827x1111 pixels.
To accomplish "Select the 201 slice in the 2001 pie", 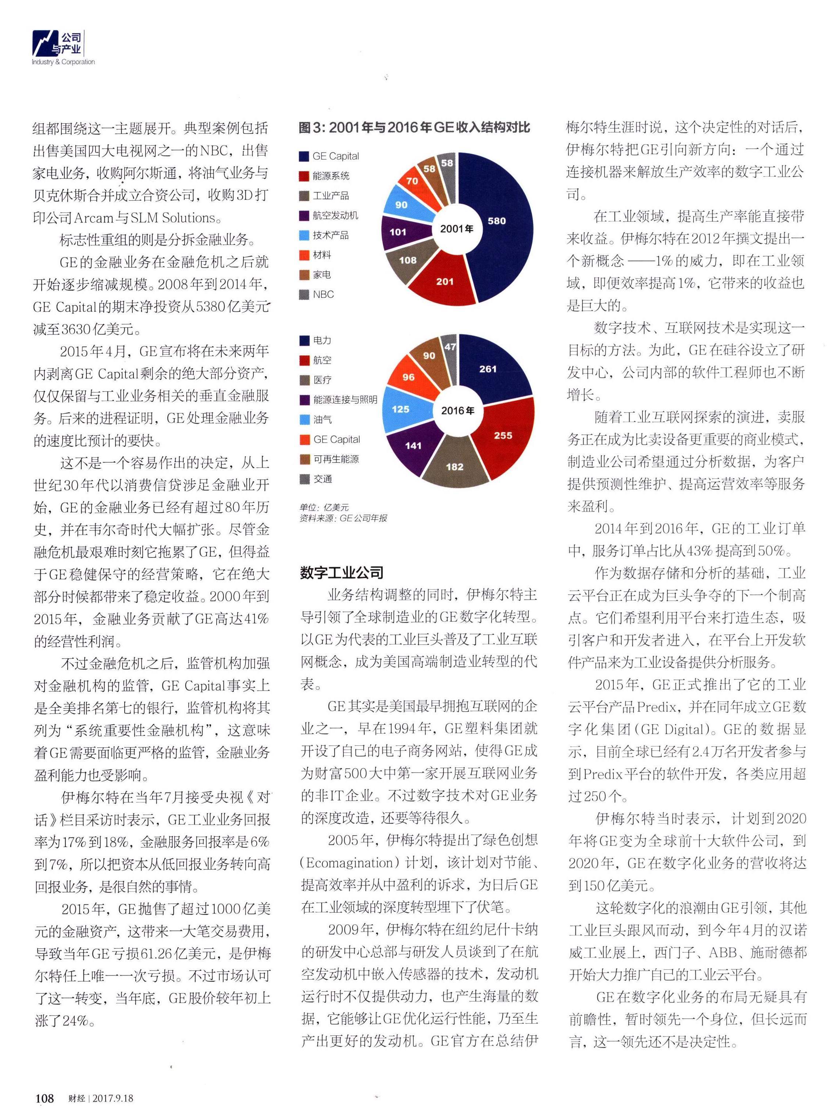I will click(x=445, y=281).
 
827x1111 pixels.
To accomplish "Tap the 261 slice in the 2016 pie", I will click(x=488, y=369).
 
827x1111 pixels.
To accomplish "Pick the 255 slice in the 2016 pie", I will click(x=503, y=435).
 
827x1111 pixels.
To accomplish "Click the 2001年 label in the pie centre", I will click(x=457, y=229).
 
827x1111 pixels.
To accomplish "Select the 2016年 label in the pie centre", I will click(x=457, y=410).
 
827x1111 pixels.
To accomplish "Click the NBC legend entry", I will click(x=317, y=295).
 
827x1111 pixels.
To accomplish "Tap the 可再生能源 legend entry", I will click(x=329, y=459).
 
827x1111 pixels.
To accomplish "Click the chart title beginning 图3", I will click(x=414, y=128).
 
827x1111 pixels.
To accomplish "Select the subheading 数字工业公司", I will click(x=342, y=573).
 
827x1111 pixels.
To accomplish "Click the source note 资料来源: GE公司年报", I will click(x=343, y=518).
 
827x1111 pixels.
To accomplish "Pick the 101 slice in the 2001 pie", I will click(x=398, y=232).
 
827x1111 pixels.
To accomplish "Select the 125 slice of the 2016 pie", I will click(x=400, y=409).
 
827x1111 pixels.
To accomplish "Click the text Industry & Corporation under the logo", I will click(x=63, y=62).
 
